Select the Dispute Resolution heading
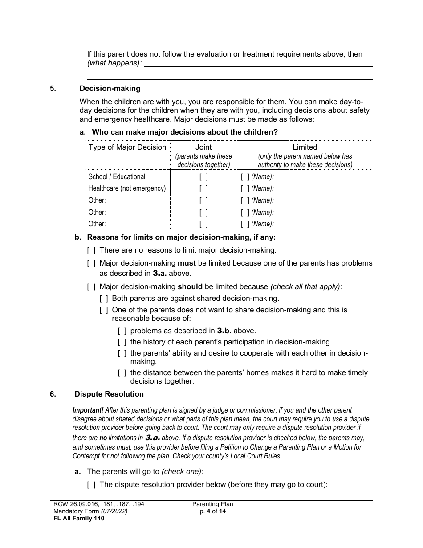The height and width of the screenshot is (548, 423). tap(109, 394)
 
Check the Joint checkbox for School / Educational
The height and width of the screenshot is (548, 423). tap(203, 177)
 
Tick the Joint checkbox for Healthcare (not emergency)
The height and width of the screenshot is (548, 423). tap(203, 188)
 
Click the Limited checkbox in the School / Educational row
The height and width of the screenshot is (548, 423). tap(245, 177)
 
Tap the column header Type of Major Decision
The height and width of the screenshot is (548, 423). tap(127, 147)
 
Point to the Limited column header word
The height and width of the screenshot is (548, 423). tap(305, 147)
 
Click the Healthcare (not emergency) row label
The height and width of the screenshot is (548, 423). tap(127, 188)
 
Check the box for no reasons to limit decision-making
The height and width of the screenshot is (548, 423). tap(91, 250)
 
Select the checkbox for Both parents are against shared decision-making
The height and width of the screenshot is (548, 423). tap(104, 299)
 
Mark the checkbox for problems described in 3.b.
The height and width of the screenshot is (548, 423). tap(122, 331)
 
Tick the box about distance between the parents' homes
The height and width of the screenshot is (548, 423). tap(122, 373)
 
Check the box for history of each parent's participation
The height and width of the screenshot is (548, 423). tap(122, 342)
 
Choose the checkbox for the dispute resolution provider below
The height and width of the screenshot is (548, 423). tap(91, 485)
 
